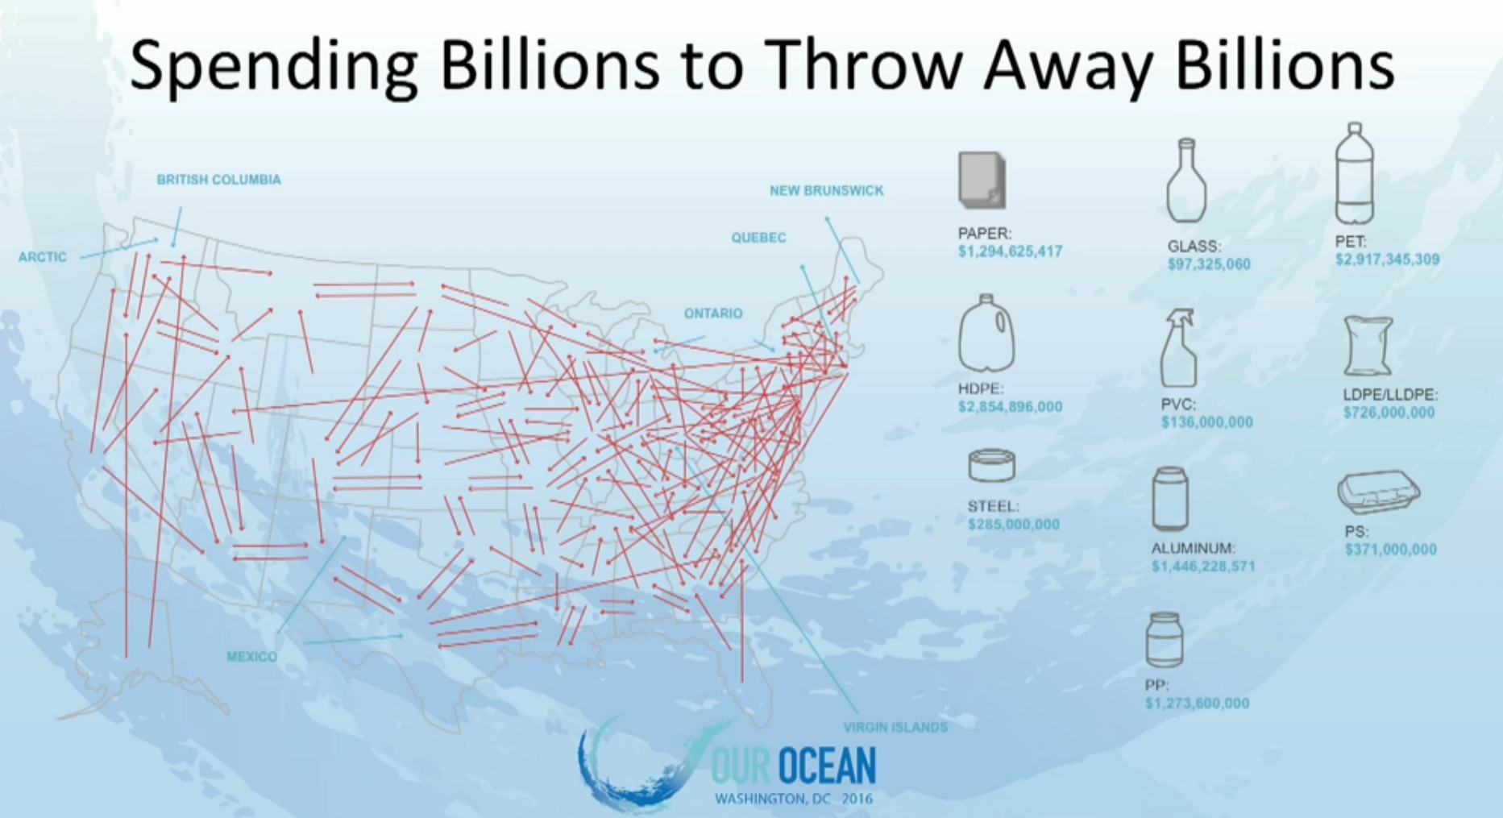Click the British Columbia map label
(218, 180)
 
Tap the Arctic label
(43, 257)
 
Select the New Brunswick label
(826, 191)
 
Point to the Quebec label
(758, 238)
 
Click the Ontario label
(713, 313)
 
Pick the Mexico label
(251, 657)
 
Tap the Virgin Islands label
(895, 728)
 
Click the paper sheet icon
(982, 180)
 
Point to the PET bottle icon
(1354, 173)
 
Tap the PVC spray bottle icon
(1178, 348)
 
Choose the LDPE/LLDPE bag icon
(1368, 347)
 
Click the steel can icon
(991, 466)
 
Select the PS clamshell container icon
(1378, 492)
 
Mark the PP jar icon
(1165, 640)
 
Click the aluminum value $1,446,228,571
(1203, 567)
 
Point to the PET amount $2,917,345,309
(1387, 260)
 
